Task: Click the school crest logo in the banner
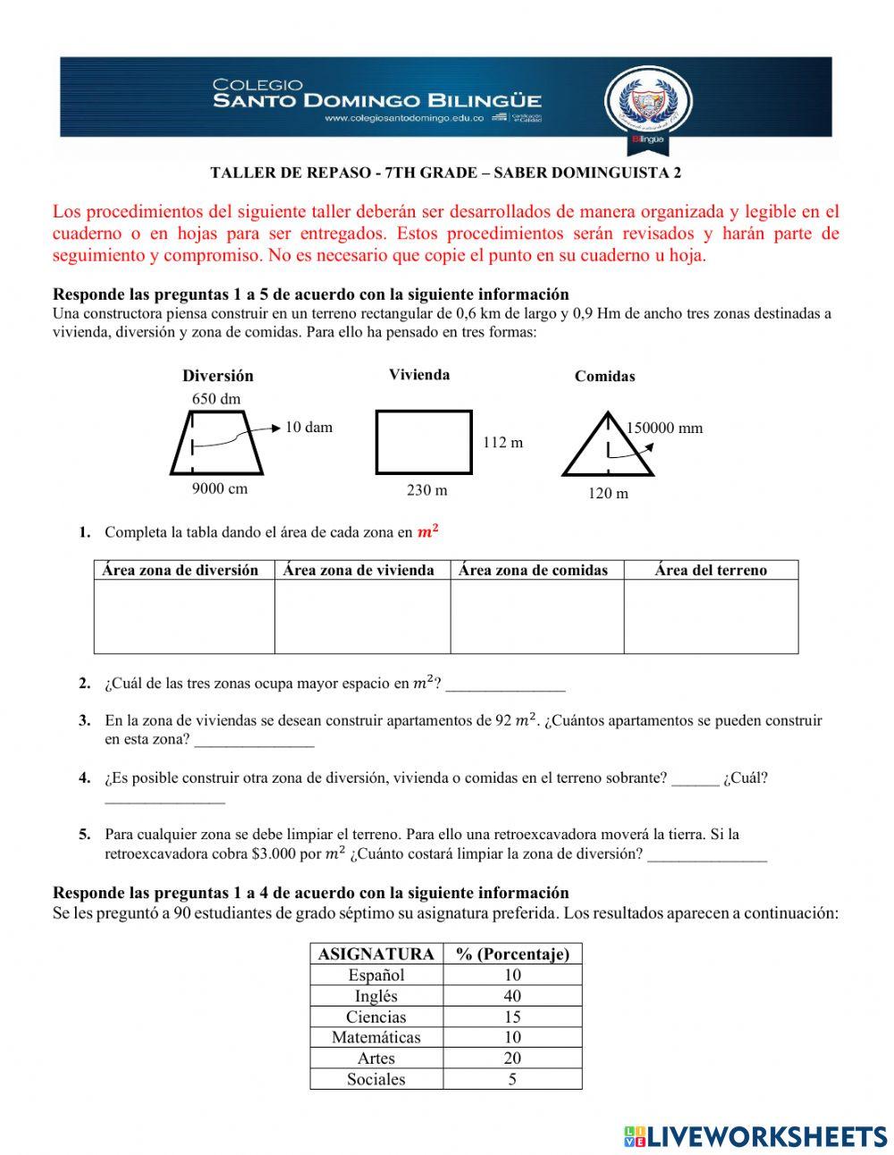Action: (648, 102)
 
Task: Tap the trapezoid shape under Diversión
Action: (217, 443)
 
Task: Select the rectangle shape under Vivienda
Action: (424, 441)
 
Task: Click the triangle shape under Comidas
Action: (607, 448)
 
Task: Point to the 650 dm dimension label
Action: (216, 399)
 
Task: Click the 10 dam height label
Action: (308, 428)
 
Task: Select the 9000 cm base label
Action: (219, 488)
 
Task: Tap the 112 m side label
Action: (502, 442)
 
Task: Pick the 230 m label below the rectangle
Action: (426, 490)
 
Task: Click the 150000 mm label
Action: (664, 428)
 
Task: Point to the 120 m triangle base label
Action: (608, 493)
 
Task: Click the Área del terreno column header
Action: (711, 570)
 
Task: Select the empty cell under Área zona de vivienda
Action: (362, 616)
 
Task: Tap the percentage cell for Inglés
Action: (512, 996)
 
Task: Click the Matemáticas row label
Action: (375, 1037)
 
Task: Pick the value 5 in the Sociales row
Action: (512, 1079)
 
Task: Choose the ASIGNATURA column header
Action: (376, 954)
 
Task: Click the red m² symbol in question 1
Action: (428, 531)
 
